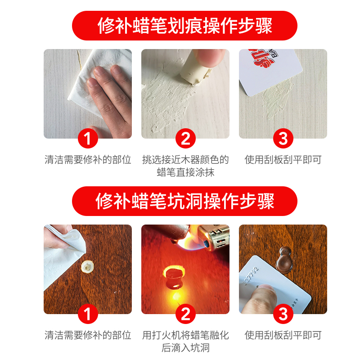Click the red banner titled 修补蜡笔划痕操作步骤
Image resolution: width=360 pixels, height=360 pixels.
coord(184,26)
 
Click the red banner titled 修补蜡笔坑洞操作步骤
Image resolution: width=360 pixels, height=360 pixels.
coord(184,201)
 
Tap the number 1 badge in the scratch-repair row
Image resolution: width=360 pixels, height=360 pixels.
coord(88,139)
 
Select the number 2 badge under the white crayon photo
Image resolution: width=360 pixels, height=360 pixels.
coord(185,139)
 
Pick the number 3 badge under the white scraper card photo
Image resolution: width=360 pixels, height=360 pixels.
coord(283,139)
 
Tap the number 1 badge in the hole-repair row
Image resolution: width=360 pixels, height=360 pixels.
coord(88,314)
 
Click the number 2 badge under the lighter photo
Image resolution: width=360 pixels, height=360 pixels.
coord(185,314)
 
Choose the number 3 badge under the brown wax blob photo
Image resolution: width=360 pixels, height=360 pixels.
coord(283,314)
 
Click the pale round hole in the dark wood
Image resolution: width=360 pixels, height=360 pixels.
coord(87,267)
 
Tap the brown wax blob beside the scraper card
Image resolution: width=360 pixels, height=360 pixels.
coord(285,260)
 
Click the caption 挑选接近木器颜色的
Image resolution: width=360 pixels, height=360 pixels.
coord(185,160)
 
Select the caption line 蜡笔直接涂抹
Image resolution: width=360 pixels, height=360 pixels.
coord(185,172)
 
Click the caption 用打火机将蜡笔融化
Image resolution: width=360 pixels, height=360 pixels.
coord(185,335)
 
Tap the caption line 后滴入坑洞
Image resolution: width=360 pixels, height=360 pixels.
coord(185,348)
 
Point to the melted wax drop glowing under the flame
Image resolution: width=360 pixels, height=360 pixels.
coord(174,278)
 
